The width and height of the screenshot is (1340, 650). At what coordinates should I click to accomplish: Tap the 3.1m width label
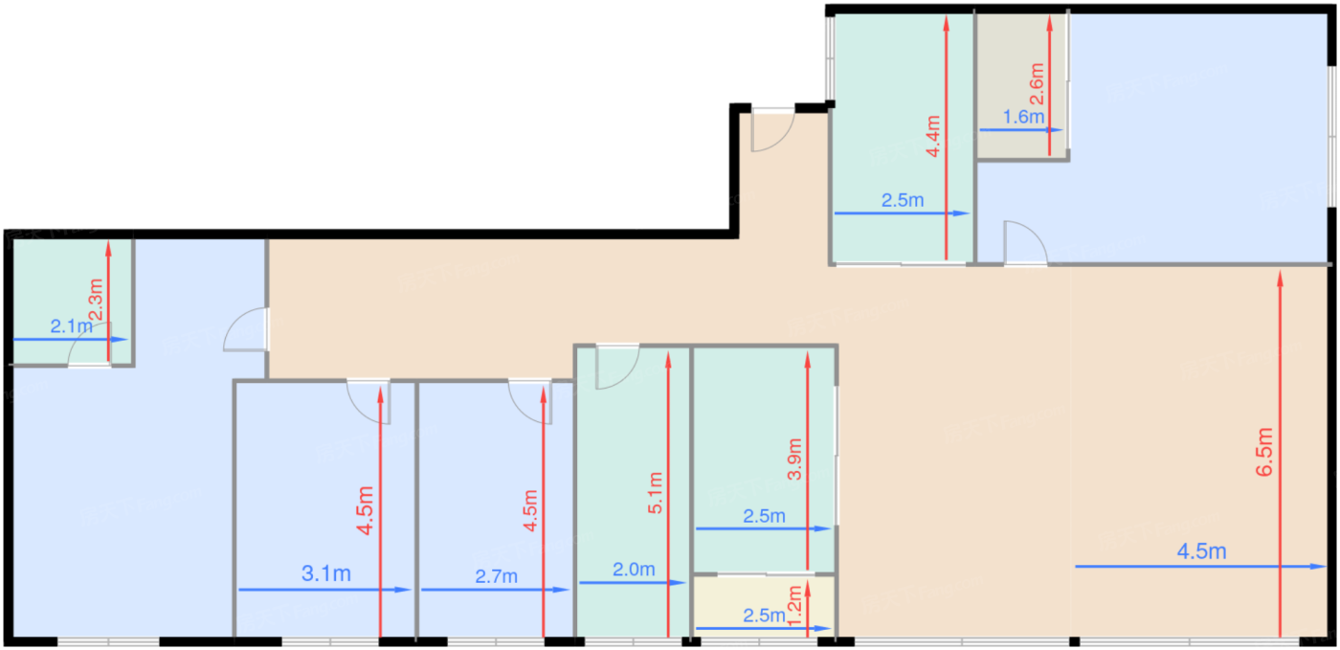(325, 574)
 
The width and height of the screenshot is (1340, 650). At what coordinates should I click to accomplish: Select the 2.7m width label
(496, 576)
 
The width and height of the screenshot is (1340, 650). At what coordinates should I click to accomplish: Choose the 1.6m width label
(1021, 118)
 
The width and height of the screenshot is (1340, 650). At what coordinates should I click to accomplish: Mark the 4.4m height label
(934, 136)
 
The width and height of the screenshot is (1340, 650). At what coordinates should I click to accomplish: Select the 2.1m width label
(72, 327)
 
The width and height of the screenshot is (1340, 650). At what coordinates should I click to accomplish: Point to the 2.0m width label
(634, 570)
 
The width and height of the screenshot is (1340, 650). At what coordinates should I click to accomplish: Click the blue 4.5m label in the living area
(1201, 551)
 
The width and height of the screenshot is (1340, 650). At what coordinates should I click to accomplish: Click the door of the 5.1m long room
(615, 367)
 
